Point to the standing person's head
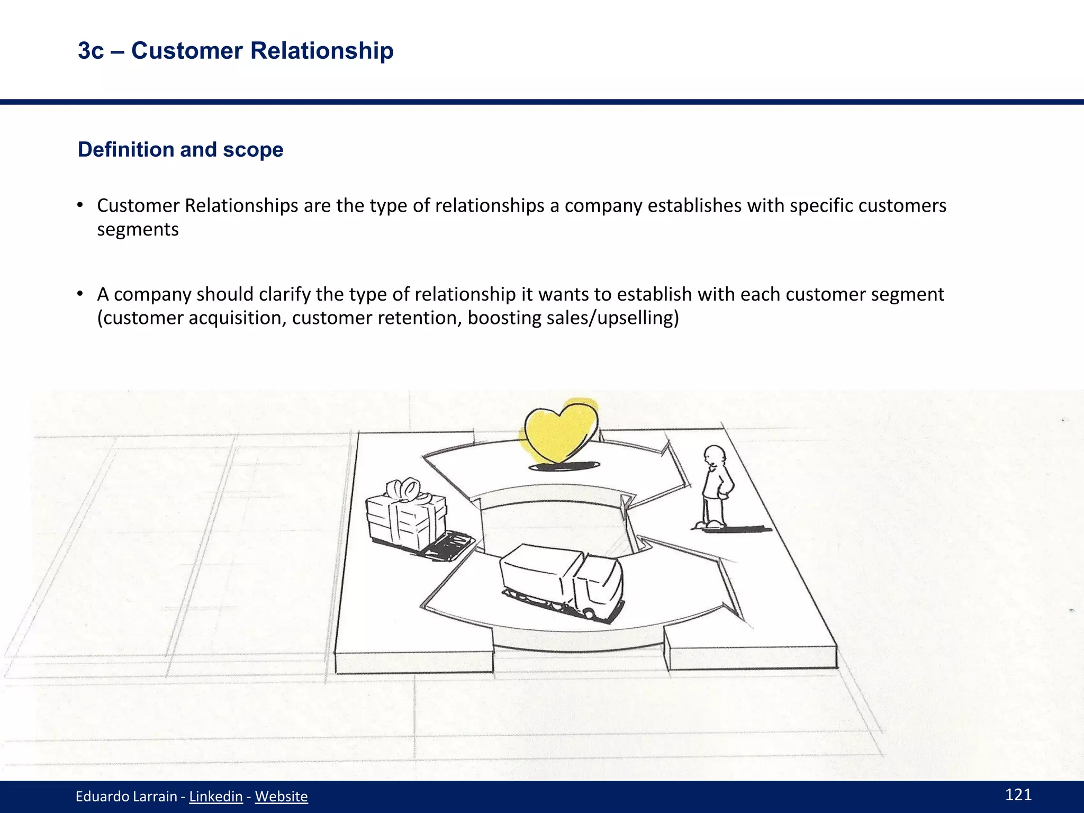pos(715,456)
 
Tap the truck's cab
pos(601,585)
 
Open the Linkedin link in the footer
pos(216,796)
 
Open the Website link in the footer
pos(281,796)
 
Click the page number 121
pos(1018,794)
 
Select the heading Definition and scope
pos(180,150)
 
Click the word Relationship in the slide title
pos(322,51)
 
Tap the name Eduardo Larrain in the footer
pos(126,796)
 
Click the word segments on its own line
pos(138,229)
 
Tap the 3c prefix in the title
pos(91,51)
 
